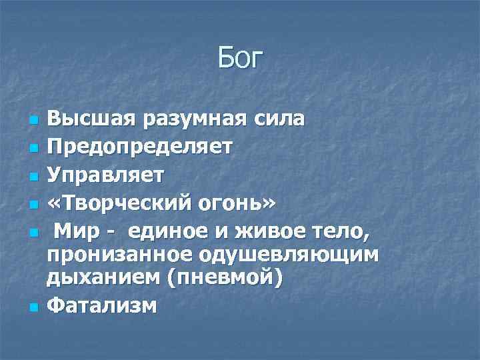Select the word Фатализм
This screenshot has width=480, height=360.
102,306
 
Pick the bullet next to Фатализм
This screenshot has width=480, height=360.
31,308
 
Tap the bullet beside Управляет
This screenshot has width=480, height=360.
31,175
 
